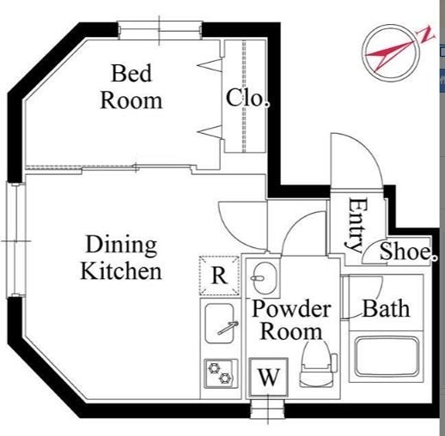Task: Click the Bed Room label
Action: (131, 87)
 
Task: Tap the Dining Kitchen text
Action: (121, 257)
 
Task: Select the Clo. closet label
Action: (247, 98)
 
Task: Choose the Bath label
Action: (387, 308)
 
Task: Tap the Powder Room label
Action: (291, 320)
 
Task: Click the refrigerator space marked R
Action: (219, 276)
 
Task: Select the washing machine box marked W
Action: (268, 377)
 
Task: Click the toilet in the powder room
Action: (317, 363)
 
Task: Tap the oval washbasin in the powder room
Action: (265, 278)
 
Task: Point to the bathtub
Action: (387, 357)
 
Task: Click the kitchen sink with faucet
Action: (220, 324)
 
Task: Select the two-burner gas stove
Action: (221, 373)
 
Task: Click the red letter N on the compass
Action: (426, 34)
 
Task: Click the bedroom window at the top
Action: (160, 30)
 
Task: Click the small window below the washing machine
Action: (268, 409)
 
